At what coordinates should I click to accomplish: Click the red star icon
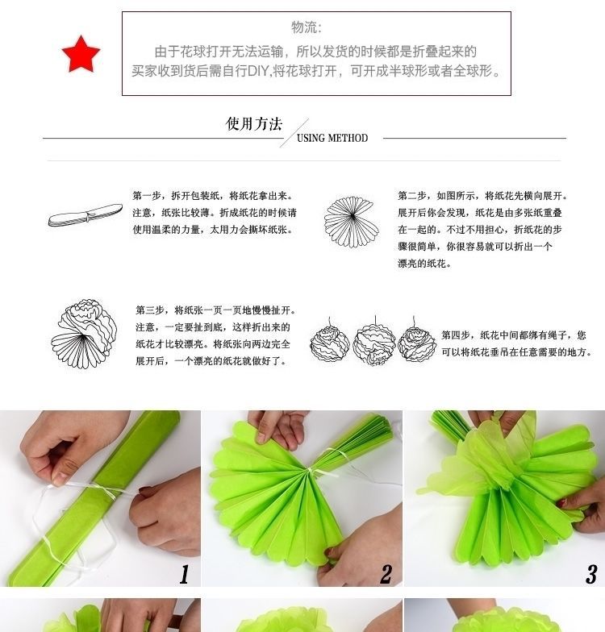click(x=81, y=55)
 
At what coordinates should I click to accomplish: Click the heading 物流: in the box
click(x=307, y=27)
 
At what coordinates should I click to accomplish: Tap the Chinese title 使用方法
click(x=253, y=124)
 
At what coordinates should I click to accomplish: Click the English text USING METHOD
click(x=332, y=139)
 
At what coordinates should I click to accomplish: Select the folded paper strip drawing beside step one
click(x=86, y=214)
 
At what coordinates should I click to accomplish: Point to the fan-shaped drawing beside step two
click(x=352, y=221)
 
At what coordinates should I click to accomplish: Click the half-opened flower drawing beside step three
click(x=84, y=334)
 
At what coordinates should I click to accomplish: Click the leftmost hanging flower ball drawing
click(x=329, y=342)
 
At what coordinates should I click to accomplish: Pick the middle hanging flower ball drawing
click(x=374, y=343)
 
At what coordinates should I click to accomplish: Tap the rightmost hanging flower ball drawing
click(x=417, y=340)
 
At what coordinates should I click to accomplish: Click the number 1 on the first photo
click(x=184, y=574)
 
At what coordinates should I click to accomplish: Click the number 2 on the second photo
click(x=386, y=574)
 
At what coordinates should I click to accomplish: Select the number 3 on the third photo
click(x=591, y=574)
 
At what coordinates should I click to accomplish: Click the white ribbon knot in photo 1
click(x=106, y=491)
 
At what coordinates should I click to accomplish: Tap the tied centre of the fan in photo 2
click(x=310, y=469)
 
